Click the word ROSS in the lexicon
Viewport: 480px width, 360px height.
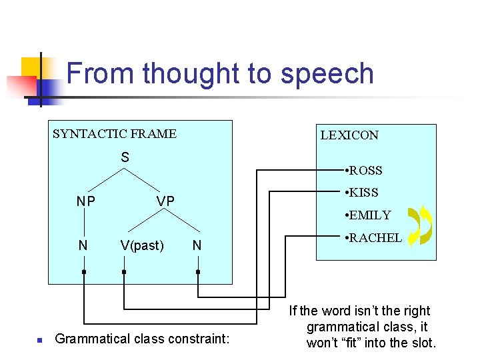365,171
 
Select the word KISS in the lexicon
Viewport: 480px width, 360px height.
363,193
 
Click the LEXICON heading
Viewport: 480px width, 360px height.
349,135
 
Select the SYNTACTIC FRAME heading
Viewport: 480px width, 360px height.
115,134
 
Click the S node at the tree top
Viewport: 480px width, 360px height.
125,158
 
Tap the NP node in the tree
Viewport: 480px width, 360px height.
85,201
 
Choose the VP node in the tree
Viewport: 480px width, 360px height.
165,201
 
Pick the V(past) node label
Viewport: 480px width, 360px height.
142,245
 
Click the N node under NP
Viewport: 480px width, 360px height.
83,245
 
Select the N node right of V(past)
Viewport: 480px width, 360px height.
197,245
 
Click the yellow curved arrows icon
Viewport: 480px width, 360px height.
419,225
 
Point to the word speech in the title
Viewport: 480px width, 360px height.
327,73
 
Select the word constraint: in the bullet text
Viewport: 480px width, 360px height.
201,339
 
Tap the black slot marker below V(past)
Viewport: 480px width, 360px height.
124,272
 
